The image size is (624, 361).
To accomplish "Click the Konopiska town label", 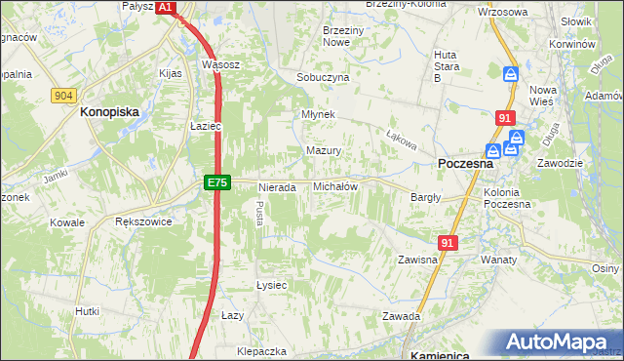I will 110,112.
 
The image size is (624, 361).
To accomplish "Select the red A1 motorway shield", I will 165,7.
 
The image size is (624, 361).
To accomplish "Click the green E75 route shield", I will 217,182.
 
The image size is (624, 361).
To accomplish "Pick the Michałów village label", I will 334,186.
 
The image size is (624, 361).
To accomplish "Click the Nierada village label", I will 276,187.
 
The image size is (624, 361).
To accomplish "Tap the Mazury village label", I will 323,151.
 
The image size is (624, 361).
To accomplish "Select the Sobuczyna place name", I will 323,77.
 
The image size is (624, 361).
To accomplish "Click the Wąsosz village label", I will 220,64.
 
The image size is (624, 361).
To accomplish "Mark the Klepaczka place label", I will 261,350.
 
